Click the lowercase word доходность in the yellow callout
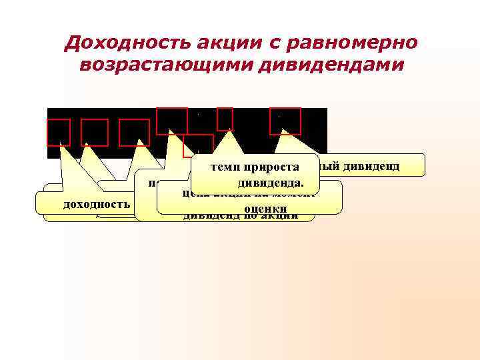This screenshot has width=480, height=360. coord(95,203)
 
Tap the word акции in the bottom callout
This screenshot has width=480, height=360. coord(276,216)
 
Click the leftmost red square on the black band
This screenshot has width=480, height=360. coord(59,132)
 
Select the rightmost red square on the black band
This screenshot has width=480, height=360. coord(285,121)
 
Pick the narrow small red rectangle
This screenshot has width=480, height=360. coord(225,118)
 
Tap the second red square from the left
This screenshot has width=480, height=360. coord(95,132)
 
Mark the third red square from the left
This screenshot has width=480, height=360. coord(134,132)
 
